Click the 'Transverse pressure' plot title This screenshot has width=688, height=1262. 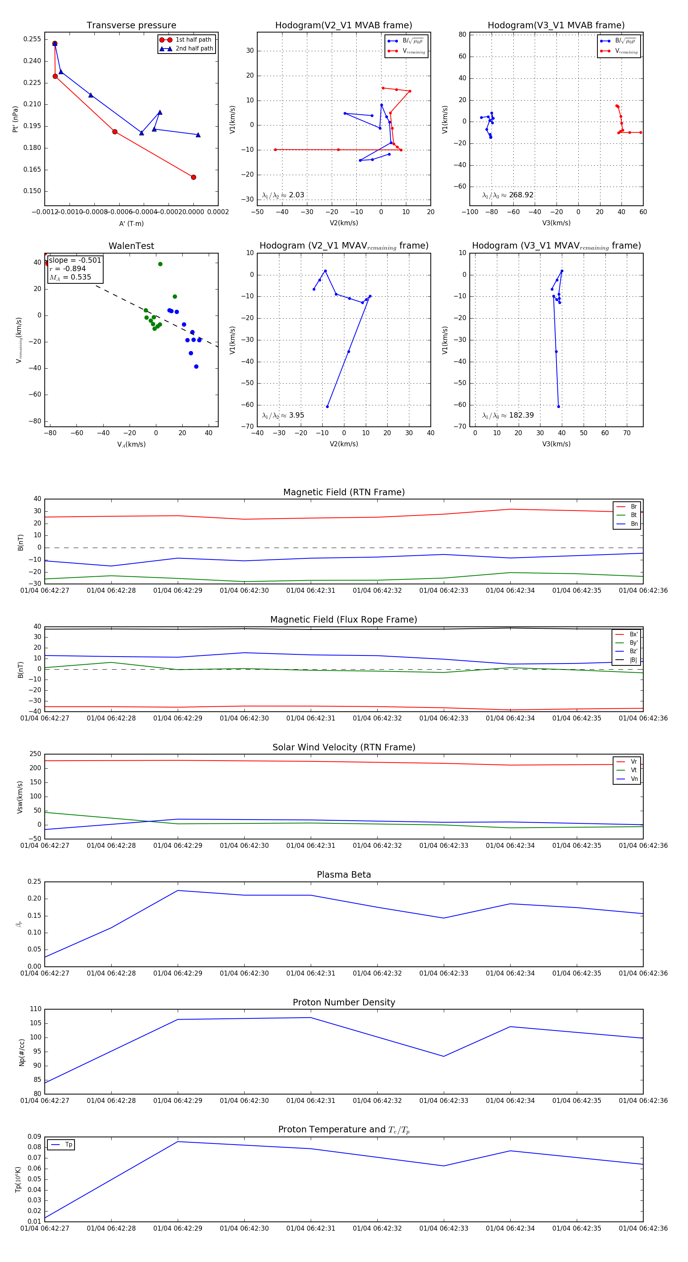point(131,26)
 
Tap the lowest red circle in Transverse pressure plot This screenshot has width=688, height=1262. point(193,177)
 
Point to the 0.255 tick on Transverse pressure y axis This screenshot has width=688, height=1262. point(32,39)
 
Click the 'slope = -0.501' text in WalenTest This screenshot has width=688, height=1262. point(75,260)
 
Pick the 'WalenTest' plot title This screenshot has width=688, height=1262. point(131,246)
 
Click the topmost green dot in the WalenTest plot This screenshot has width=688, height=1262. point(160,264)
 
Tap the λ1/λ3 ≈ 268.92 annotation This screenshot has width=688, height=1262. point(508,195)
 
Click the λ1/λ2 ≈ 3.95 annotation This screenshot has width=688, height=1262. point(283,415)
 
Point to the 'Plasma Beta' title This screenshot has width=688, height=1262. point(344,875)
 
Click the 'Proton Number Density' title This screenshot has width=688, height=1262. point(344,1002)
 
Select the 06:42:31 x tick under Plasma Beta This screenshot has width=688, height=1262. point(310,973)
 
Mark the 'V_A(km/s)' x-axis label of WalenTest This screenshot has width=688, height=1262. point(131,444)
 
